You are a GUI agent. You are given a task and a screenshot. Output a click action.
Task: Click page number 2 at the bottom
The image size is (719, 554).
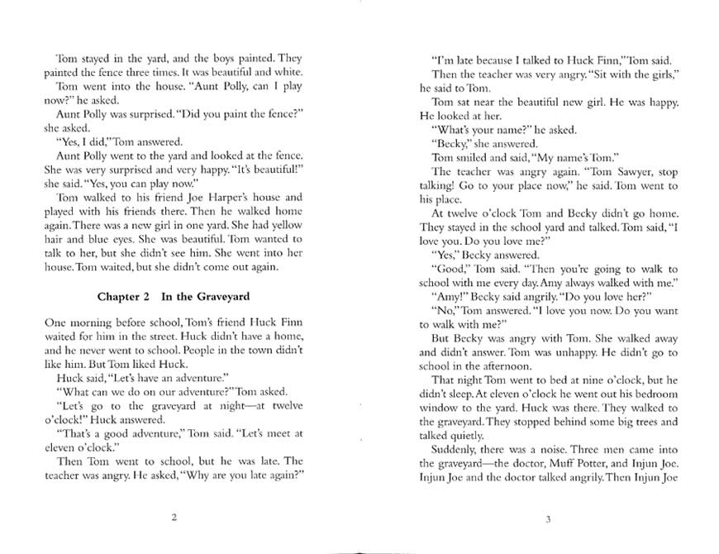[x=174, y=518]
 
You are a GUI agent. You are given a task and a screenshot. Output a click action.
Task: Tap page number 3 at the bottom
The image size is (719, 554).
[x=548, y=519]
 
